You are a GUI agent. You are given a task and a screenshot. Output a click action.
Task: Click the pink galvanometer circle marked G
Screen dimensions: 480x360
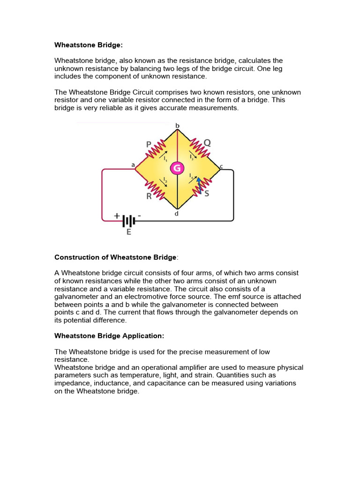coord(177,168)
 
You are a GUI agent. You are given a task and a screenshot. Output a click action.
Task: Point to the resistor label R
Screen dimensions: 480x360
coord(149,196)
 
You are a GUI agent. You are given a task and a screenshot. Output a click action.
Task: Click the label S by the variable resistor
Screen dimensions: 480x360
coord(207,193)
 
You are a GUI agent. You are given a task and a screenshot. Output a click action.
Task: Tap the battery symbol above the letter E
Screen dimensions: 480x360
coord(129,220)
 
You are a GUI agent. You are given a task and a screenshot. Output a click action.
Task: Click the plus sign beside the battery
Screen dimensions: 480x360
coord(117,216)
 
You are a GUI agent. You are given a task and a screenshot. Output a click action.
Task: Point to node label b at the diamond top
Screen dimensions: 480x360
coord(177,126)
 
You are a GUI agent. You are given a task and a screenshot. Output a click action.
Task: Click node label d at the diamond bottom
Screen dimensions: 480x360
coord(177,214)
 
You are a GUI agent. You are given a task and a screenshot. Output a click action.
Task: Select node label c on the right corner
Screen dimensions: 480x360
coord(221,166)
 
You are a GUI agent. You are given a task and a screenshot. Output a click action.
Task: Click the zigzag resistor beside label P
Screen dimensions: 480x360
coord(155,149)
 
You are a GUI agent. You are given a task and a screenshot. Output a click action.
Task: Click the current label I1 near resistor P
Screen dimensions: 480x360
coord(165,158)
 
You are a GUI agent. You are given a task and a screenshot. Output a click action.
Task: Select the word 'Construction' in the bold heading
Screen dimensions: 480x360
coord(77,257)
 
